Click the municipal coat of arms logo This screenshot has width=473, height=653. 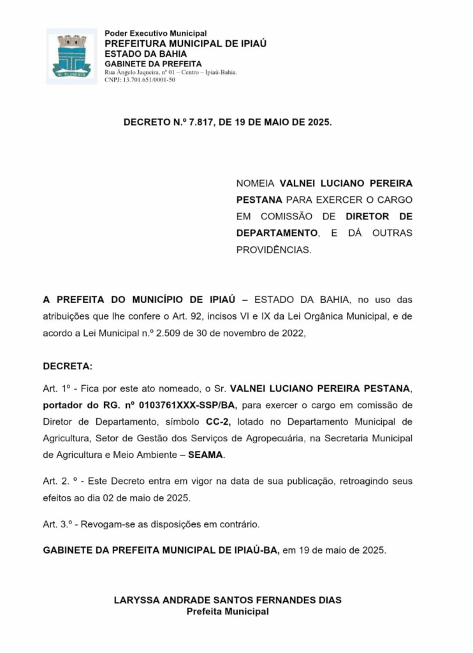[x=71, y=56]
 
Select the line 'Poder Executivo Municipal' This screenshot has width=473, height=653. [x=156, y=33]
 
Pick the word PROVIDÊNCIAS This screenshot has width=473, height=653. [x=274, y=249]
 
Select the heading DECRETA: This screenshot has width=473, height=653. [x=68, y=366]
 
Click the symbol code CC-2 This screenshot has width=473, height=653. [x=217, y=422]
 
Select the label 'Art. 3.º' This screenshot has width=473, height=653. [x=57, y=524]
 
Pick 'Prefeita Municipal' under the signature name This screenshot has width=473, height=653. [x=228, y=612]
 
